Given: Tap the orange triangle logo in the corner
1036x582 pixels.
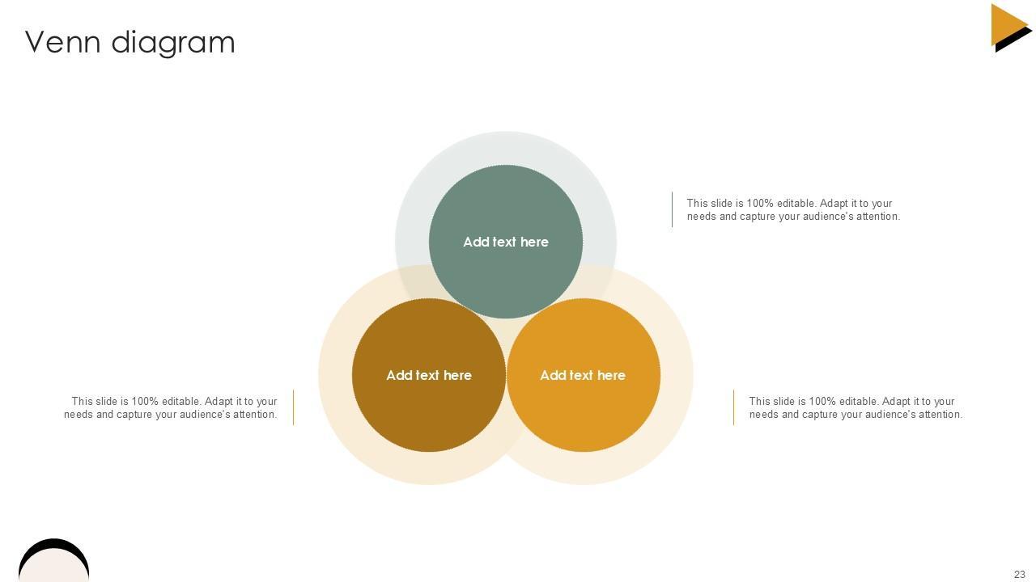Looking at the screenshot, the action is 1009,25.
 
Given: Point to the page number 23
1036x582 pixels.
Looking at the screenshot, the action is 1019,575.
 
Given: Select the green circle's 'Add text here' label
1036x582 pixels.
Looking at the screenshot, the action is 505,242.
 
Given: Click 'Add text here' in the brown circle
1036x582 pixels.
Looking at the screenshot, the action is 428,375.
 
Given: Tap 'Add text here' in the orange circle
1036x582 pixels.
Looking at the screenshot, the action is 582,375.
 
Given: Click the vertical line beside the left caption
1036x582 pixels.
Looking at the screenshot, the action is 293,407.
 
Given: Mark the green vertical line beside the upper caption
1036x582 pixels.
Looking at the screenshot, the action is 672,209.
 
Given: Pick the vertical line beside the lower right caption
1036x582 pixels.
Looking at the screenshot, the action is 733,407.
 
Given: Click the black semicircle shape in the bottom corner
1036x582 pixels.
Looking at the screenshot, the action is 53,558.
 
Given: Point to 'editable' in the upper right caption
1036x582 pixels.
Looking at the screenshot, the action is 796,204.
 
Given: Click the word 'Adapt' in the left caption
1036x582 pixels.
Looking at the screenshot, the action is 219,402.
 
